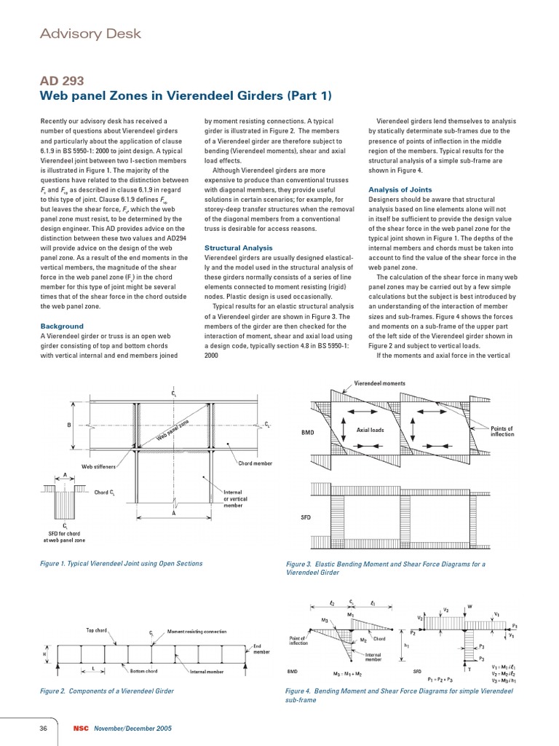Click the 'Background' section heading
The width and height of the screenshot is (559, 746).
click(62, 326)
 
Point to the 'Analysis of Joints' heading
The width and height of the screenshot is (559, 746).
click(398, 190)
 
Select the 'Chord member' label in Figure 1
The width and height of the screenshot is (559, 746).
click(255, 463)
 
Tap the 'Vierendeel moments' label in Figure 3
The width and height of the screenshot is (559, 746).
click(379, 383)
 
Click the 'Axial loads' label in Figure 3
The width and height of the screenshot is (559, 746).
click(370, 430)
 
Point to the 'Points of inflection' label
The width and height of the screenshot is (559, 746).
click(501, 431)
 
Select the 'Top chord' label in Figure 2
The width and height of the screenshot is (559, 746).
click(100, 629)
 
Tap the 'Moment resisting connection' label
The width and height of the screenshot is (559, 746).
click(197, 631)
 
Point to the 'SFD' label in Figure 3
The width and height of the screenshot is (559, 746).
click(306, 517)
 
